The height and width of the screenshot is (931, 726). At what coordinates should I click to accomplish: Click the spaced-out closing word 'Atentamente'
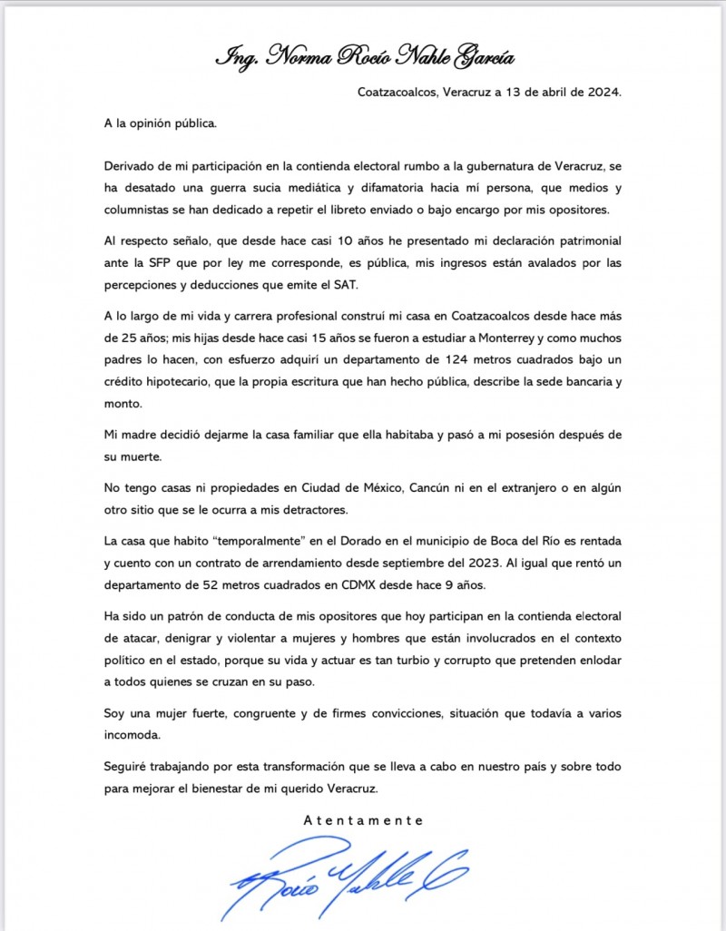(363, 819)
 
